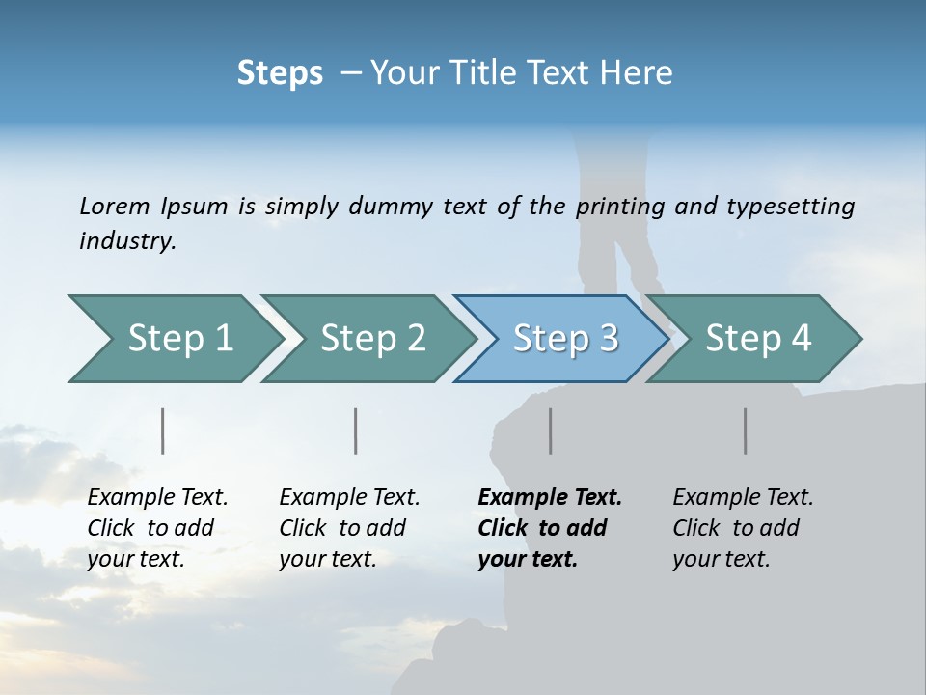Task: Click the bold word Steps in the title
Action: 280,72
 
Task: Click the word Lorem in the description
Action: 115,206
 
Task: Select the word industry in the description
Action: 126,241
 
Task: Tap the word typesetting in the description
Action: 790,206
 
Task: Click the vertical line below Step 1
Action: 163,431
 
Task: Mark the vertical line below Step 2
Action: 356,431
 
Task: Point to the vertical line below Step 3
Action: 550,431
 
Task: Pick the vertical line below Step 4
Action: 746,431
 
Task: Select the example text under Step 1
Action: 157,528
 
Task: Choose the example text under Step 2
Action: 349,528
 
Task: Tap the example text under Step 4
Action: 743,528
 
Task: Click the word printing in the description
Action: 623,206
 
